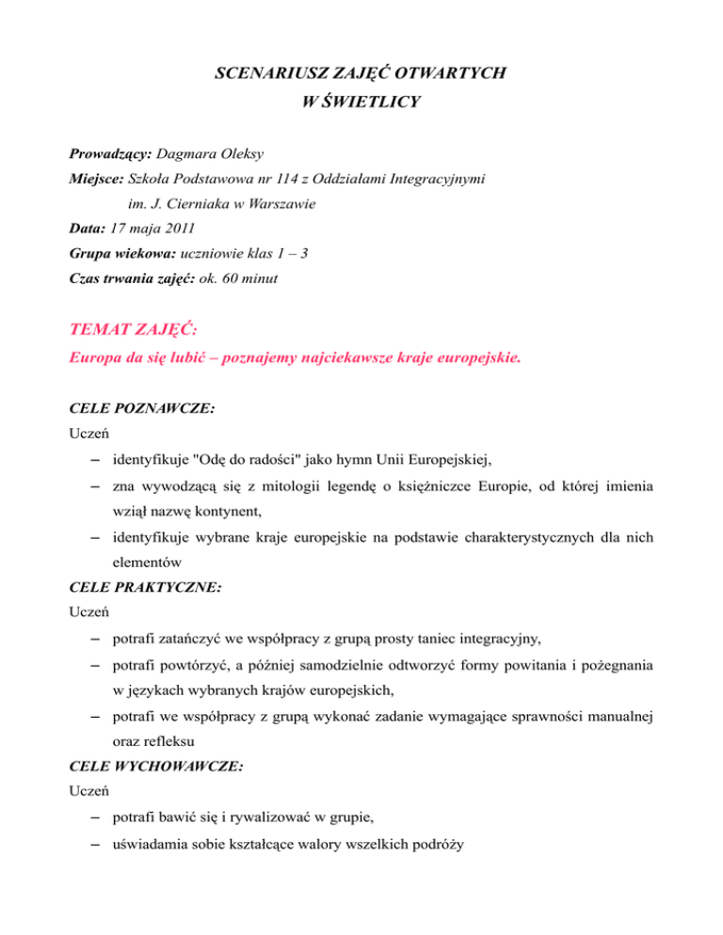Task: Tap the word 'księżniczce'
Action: pos(441,489)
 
